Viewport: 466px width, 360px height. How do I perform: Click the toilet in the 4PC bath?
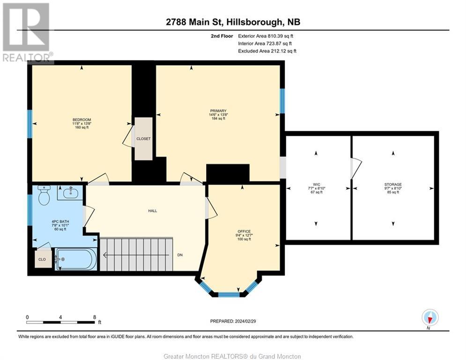tap(44, 195)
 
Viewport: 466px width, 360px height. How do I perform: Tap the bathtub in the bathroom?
tap(76, 259)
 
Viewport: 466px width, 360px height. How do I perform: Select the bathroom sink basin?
tap(70, 193)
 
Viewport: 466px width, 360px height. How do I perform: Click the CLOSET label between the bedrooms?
tap(143, 139)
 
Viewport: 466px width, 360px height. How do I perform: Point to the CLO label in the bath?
tap(42, 259)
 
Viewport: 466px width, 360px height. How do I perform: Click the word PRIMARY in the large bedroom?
tap(218, 111)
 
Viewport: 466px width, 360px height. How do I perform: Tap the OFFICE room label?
tap(244, 232)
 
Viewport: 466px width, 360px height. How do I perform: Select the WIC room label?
tap(317, 185)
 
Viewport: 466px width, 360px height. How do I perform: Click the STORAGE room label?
tap(393, 185)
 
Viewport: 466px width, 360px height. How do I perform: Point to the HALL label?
tap(153, 210)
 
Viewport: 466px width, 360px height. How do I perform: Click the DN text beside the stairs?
tap(180, 255)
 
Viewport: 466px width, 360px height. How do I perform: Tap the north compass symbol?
tap(430, 317)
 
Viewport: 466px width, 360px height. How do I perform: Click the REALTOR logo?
tap(27, 33)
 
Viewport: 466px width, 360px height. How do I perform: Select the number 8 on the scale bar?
tap(95, 317)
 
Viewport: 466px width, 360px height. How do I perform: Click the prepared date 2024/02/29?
tap(245, 321)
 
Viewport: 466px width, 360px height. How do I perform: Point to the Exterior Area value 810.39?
tap(274, 36)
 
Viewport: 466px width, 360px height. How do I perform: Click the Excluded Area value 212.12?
tap(278, 51)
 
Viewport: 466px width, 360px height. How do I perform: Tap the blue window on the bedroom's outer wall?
tap(30, 124)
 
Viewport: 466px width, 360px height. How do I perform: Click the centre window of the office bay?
tap(229, 295)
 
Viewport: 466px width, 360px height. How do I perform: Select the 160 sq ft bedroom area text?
tap(82, 127)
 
